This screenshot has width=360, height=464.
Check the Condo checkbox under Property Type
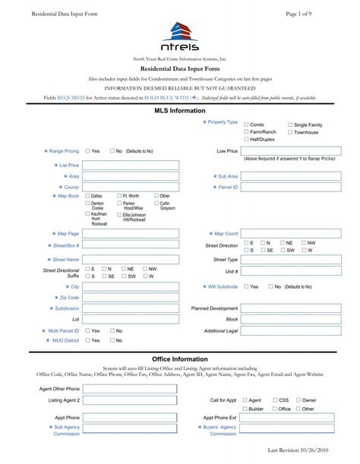click(x=247, y=124)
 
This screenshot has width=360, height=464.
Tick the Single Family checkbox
click(x=290, y=124)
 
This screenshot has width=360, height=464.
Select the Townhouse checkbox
click(x=290, y=132)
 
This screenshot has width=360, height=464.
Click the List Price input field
click(x=131, y=165)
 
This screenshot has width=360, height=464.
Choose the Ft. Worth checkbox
click(x=119, y=196)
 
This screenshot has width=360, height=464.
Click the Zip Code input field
click(x=131, y=298)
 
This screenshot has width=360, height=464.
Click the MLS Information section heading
click(x=180, y=109)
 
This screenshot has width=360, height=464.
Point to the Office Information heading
click(x=180, y=358)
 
